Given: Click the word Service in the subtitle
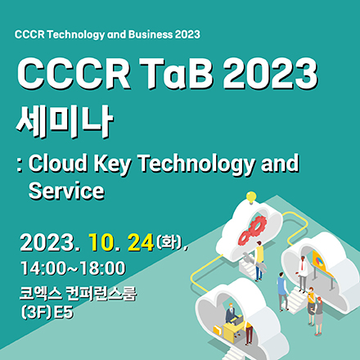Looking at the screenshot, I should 65,191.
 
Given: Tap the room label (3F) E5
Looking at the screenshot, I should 43,311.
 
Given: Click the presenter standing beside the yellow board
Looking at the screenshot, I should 302,273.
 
